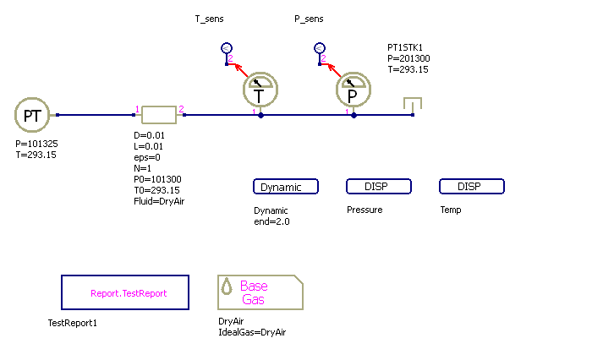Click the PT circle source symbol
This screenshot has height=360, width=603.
point(32,115)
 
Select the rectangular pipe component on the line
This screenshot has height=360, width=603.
point(158,115)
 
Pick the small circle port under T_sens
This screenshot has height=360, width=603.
point(226,49)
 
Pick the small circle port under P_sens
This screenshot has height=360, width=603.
point(319,49)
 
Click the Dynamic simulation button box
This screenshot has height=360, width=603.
point(286,187)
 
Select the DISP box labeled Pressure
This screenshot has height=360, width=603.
point(379,187)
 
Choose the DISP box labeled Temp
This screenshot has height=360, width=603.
point(472,187)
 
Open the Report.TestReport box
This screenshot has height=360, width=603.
point(125,292)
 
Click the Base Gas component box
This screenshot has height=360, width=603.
point(260,292)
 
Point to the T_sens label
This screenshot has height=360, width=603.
point(210,19)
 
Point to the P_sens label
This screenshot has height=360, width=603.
point(309,19)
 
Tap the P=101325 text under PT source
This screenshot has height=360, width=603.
point(36,145)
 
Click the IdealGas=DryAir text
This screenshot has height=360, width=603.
point(252,332)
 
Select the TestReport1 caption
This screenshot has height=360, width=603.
point(74,322)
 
